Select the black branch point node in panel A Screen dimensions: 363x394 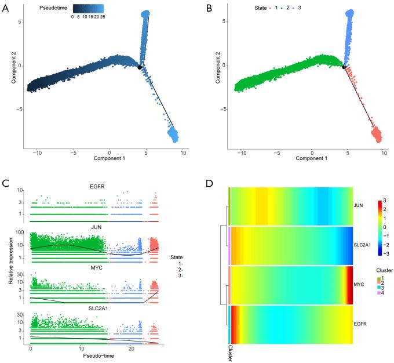point(140,68)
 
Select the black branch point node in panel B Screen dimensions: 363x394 point(344,67)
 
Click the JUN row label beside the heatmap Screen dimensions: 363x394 point(360,205)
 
